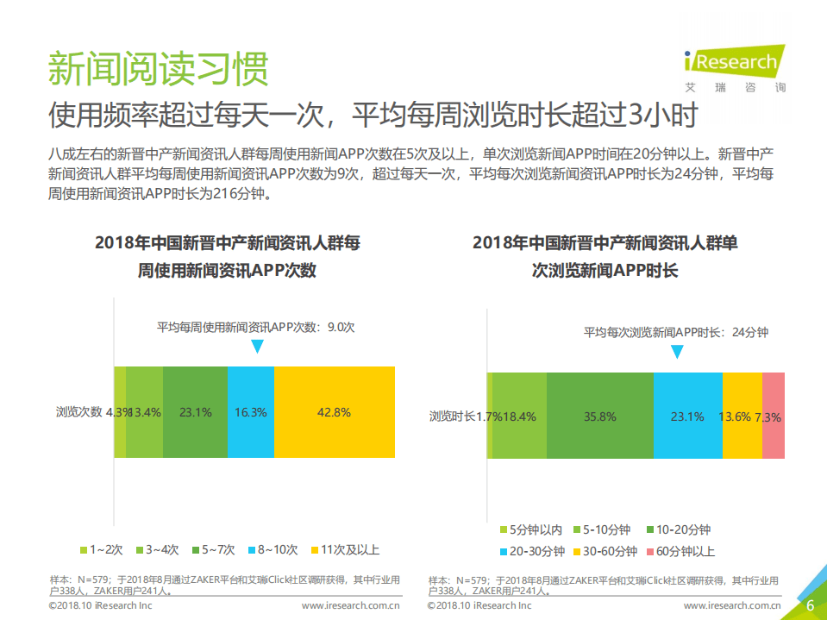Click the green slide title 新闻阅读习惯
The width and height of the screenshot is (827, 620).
click(158, 68)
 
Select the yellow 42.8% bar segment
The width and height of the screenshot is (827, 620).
click(335, 412)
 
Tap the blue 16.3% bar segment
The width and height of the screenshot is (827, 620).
click(251, 412)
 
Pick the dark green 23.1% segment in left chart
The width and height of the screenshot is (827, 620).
click(195, 412)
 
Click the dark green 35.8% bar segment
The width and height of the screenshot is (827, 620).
click(599, 416)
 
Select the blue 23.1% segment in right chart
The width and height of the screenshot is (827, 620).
click(687, 416)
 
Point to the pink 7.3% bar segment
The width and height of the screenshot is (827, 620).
click(774, 416)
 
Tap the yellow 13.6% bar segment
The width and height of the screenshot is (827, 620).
click(742, 416)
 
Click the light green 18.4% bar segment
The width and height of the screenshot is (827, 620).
click(520, 416)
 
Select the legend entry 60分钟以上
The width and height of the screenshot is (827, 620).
click(679, 551)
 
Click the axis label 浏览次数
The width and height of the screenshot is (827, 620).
click(79, 411)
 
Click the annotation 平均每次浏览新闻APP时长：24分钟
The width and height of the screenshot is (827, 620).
click(676, 332)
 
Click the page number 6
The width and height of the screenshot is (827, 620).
click(810, 605)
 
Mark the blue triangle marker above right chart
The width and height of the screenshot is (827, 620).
click(677, 352)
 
